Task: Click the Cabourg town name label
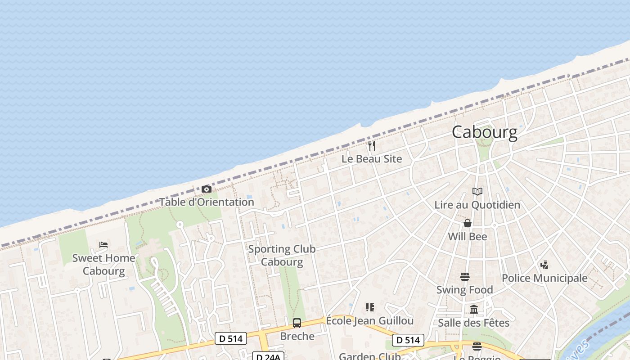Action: coord(484,132)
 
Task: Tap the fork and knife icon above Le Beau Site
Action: coord(372,146)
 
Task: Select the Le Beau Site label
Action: coord(372,159)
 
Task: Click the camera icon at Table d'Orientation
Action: coord(207,189)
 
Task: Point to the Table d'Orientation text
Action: coord(207,202)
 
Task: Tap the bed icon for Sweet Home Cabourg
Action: coord(103,245)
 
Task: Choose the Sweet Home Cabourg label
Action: coord(103,265)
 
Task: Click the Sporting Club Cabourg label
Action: coord(282,255)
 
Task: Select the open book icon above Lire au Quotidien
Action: coord(477,192)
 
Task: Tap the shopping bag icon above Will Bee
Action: coord(468,223)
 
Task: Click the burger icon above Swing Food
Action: coord(465,276)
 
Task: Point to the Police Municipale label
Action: coord(544,278)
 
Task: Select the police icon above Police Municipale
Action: coord(544,265)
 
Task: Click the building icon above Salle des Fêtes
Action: coord(474,309)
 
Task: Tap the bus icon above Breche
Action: coord(297,323)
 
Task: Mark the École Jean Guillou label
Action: coord(369,321)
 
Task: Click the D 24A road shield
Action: coord(268,356)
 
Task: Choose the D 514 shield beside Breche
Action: coord(231,338)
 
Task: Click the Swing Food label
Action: coord(465,290)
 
